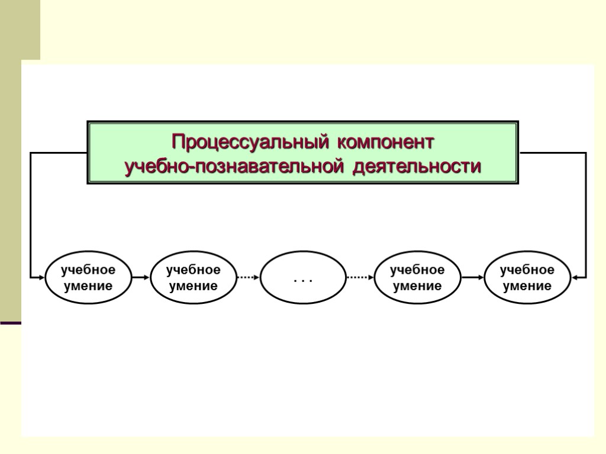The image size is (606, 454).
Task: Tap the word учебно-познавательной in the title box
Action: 234,167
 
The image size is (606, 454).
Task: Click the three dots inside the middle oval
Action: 303,278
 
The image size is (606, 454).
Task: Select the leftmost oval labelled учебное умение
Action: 88,277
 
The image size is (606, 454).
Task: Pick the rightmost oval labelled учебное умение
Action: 527,277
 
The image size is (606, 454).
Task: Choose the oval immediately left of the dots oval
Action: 193,277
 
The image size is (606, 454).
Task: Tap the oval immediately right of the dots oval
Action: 417,277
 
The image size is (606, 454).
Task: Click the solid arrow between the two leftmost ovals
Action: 140,277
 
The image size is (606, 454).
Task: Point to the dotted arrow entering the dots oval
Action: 248,277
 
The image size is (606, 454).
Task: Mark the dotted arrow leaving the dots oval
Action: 360,277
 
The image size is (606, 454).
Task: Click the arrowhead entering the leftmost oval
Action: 41,277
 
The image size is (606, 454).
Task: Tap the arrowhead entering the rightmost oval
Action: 574,277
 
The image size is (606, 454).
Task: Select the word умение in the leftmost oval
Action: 88,286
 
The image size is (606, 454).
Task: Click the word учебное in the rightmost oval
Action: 527,270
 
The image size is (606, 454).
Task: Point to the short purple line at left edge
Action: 11,323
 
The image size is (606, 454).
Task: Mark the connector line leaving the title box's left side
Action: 59,153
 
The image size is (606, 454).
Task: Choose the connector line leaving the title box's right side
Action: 552,153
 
